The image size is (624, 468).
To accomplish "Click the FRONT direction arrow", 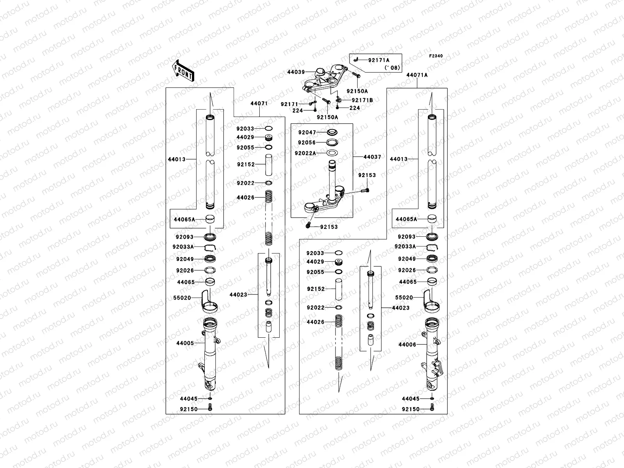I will point(183,70).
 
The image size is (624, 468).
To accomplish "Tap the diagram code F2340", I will point(436,56).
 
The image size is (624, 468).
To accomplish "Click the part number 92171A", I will point(379,60).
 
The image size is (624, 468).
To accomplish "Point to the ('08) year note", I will point(392,67).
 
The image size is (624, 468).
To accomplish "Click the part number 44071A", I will point(417,75).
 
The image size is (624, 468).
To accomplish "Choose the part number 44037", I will point(372,157).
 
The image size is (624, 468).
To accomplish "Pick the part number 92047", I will point(307,133).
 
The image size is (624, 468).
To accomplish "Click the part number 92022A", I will point(305,153).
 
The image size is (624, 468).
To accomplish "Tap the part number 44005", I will point(185,343).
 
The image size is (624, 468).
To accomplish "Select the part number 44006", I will point(407,345).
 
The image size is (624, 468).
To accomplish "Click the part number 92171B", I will point(362,100).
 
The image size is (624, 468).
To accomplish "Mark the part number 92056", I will point(307,143).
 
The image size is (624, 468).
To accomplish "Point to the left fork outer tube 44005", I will point(210,351).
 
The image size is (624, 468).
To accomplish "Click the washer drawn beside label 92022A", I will point(331,153).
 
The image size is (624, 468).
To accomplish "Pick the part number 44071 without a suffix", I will point(259,104).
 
